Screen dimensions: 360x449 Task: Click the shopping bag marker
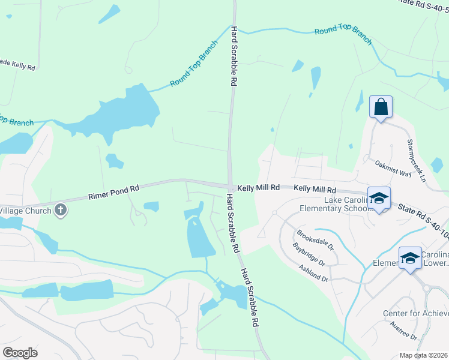[381, 107]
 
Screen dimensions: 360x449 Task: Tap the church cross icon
[60, 210]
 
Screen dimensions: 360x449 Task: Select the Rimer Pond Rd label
[113, 192]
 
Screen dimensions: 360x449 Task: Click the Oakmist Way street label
[393, 168]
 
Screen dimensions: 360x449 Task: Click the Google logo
[20, 353]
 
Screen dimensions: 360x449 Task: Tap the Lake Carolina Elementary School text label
[346, 204]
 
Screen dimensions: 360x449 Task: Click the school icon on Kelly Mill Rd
[379, 198]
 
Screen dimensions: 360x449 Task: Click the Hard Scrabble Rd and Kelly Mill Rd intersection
[230, 187]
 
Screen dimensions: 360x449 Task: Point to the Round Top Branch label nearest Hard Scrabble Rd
[194, 68]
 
